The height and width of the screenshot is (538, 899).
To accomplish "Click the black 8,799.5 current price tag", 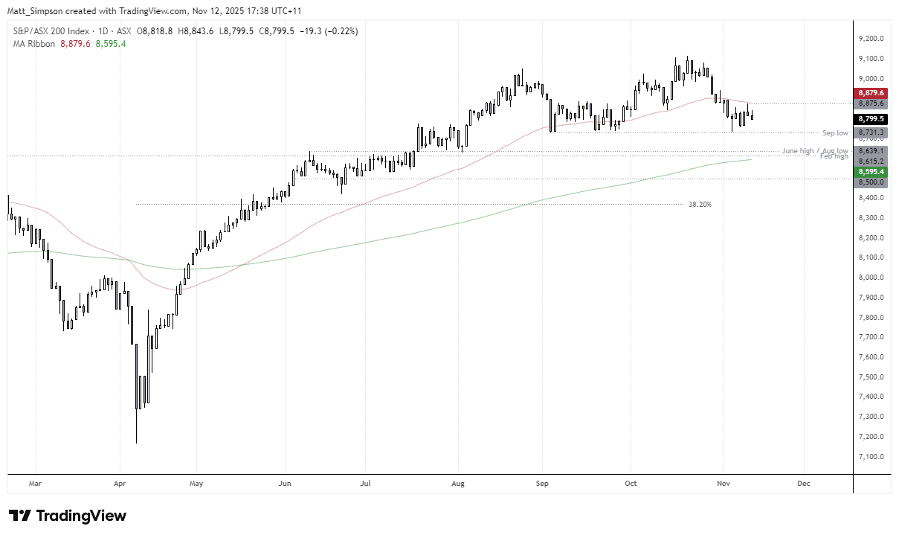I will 870,118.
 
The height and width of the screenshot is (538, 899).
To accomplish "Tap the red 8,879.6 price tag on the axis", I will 870,93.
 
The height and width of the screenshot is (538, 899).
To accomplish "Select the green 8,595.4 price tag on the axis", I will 870,171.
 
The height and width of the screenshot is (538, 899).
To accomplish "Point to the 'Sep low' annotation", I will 835,132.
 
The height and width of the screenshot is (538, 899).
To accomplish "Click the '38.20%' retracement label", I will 700,204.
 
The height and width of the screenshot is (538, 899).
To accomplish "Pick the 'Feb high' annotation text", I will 834,156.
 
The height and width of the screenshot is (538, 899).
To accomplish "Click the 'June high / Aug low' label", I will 815,150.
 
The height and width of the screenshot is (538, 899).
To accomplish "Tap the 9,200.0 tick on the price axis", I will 870,39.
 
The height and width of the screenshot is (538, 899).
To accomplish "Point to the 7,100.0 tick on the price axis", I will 870,456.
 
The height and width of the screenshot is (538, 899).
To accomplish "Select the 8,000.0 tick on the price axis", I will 870,278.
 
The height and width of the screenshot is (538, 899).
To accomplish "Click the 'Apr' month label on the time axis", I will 119,483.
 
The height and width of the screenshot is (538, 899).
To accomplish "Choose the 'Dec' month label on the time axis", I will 803,483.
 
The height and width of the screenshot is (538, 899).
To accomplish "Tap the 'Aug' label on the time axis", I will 458,483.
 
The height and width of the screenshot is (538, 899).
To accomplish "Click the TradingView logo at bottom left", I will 68,516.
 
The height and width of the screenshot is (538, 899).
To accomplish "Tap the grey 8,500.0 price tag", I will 870,182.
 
